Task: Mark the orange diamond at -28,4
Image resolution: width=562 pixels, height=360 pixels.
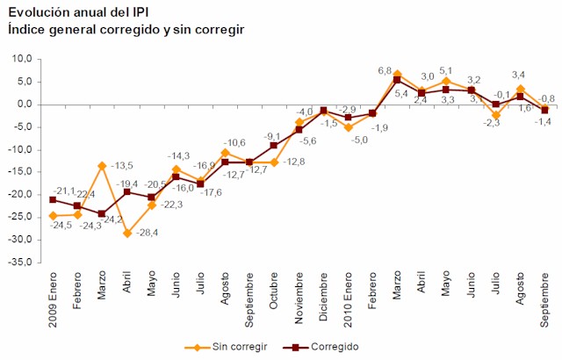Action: [126, 233]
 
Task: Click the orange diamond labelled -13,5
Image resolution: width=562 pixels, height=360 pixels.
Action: [102, 165]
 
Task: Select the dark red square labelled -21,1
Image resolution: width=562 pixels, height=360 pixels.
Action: [53, 200]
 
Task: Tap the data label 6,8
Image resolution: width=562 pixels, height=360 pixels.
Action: [384, 70]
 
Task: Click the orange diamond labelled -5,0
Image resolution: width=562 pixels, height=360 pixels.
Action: [349, 127]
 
